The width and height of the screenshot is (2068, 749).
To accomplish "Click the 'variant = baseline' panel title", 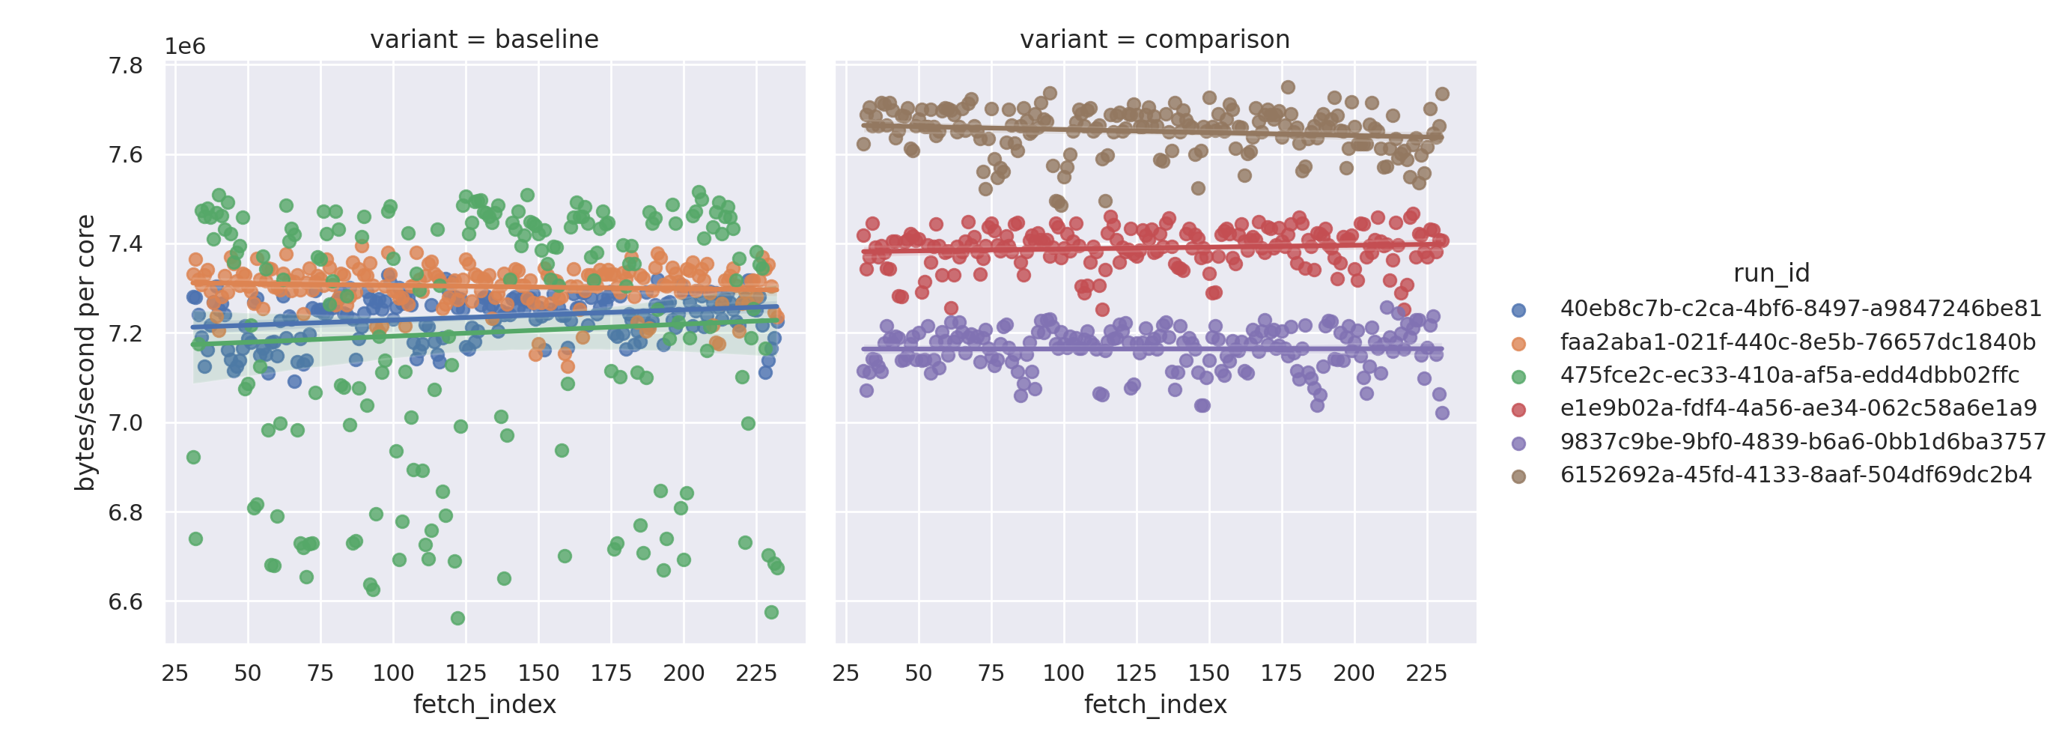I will pos(484,40).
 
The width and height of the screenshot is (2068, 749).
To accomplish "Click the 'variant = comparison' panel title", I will pos(1155,40).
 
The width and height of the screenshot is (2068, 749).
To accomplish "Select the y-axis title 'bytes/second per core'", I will pos(85,353).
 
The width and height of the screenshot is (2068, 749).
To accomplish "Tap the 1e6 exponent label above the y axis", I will pos(185,46).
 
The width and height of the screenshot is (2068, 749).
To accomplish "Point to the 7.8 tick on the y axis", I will pos(125,65).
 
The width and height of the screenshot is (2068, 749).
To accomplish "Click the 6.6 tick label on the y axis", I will pos(125,602).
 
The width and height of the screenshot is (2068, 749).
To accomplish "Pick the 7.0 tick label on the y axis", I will pos(125,423).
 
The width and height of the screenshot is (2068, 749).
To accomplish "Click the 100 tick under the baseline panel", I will pos(392,673).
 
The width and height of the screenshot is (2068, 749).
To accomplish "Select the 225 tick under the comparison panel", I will pos(1426,673).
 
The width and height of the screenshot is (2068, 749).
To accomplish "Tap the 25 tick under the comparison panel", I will pos(845,673).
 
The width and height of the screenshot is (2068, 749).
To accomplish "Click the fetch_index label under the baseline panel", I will pos(484,705).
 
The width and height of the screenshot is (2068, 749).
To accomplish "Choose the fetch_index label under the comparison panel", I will pos(1155,705).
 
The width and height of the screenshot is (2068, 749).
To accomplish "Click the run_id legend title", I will pos(1771,273).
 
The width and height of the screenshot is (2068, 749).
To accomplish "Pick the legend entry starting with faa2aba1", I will pos(1797,343).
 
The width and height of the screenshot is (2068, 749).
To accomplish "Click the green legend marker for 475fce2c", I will pos(1518,377).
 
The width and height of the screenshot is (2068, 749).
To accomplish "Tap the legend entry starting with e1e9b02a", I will pos(1798,409).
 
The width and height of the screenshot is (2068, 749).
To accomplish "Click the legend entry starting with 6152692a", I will pos(1795,476).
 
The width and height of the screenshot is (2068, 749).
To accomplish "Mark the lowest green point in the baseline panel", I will pos(457,618).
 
